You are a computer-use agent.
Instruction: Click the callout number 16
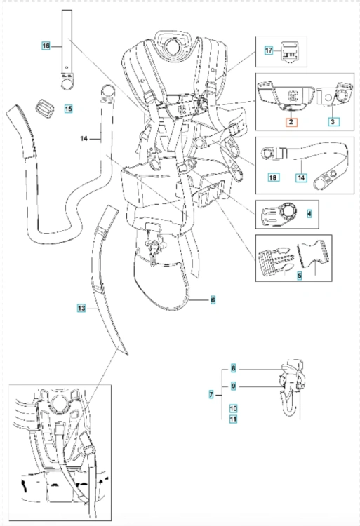coord(46,46)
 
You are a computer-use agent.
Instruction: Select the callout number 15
coord(69,108)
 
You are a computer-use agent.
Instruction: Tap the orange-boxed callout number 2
coord(291,121)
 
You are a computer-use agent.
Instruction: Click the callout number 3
coord(333,121)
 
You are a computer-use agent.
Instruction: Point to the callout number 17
coord(269,50)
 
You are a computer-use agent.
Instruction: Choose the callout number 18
coord(273,177)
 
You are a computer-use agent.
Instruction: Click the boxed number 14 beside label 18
coord(301,177)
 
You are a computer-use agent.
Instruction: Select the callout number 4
coord(309,213)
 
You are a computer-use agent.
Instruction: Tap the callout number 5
coord(299,276)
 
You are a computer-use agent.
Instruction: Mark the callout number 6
coord(213,300)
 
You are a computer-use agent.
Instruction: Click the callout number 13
coord(81,308)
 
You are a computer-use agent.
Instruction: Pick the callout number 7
coord(211,394)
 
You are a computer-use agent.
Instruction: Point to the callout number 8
coord(234,368)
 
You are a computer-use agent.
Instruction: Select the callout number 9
coord(234,386)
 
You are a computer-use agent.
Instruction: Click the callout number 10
coord(234,408)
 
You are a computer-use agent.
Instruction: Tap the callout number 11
coord(234,419)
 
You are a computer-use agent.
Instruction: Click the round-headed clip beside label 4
coord(280,215)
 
